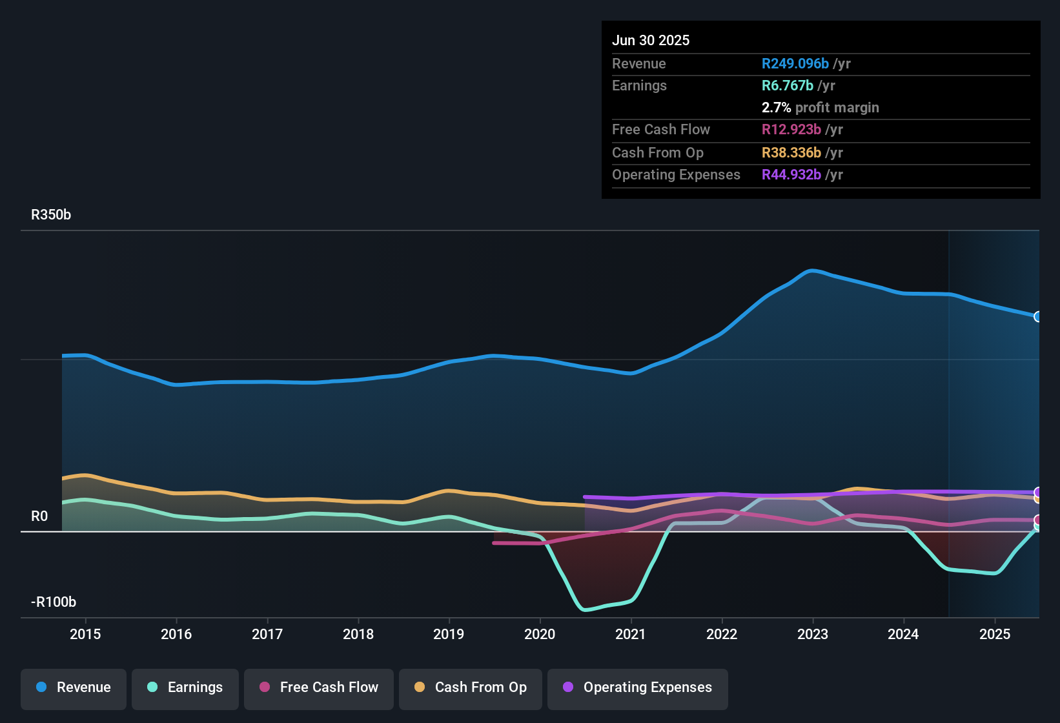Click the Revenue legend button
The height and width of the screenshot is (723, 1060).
coord(74,687)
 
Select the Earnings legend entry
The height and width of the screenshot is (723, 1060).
coord(185,687)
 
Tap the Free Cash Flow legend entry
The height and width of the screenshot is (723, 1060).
coord(319,687)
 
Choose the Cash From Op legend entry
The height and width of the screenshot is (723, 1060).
coord(471,687)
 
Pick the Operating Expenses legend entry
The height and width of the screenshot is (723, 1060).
coord(638,687)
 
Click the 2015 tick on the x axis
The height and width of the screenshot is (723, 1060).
coord(85,634)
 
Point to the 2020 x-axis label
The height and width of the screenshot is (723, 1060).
coord(540,634)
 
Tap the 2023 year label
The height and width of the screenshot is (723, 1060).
coord(813,634)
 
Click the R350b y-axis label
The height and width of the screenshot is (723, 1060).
coord(51,215)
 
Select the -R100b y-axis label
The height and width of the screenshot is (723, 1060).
coord(54,602)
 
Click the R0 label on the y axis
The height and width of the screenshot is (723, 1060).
coord(39,516)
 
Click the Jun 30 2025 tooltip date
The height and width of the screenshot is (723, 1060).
coord(651,40)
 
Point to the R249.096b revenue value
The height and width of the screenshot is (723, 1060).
coord(795,64)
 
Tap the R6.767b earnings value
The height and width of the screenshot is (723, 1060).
coord(787,86)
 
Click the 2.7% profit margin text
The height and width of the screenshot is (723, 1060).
coord(820,108)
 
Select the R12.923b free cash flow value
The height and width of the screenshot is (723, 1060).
coord(791,130)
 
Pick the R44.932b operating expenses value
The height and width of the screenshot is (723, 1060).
coord(791,175)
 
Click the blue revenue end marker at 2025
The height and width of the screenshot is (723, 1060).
coord(1038,316)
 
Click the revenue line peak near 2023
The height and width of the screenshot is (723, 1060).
coord(812,270)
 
